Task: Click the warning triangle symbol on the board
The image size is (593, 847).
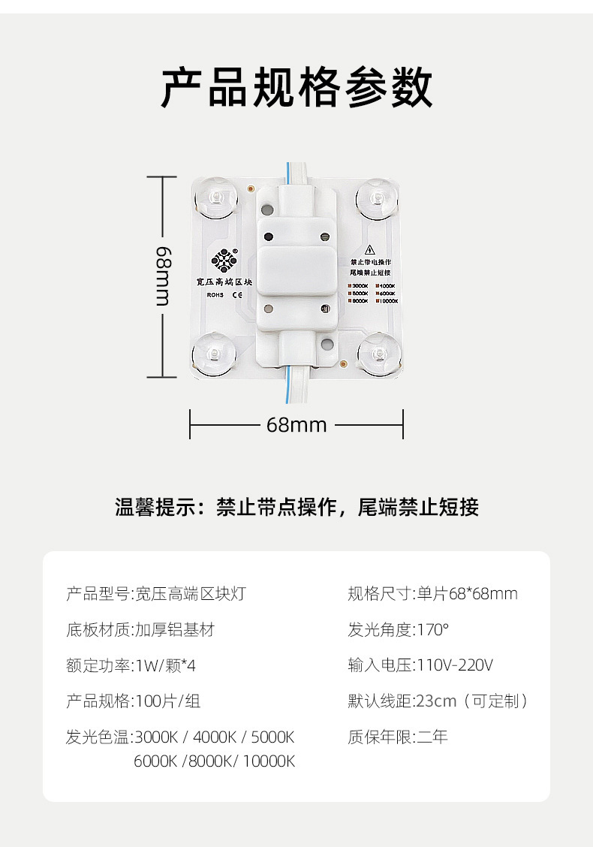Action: coord(369,250)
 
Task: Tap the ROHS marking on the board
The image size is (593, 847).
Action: coord(215,295)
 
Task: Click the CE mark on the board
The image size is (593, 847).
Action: coord(237,295)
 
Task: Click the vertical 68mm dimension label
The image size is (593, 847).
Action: coord(163,276)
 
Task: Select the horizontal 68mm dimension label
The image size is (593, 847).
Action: coord(296,425)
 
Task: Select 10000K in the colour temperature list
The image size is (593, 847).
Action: coord(269,761)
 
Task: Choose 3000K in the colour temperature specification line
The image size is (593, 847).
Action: coord(158,737)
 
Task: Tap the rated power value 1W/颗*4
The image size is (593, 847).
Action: coord(166,666)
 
